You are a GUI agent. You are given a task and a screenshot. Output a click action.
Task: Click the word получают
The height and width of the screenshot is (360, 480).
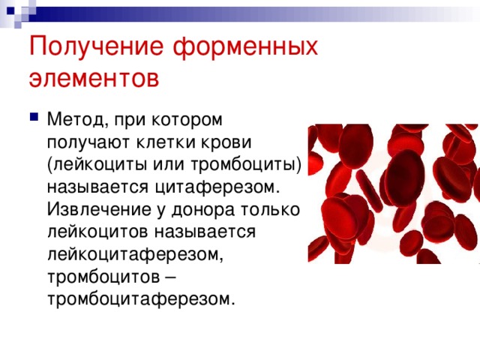(86, 142)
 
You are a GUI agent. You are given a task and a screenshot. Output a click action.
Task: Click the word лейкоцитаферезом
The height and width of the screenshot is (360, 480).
(135, 254)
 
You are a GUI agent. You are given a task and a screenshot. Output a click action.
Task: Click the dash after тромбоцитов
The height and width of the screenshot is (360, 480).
(169, 277)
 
